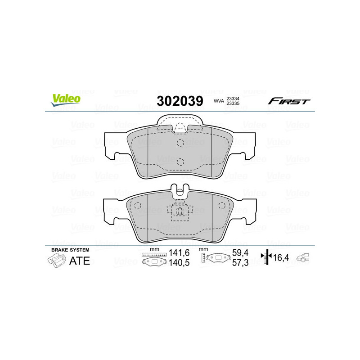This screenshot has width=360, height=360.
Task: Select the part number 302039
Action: pos(180,101)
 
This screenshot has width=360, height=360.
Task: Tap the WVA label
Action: pos(218,101)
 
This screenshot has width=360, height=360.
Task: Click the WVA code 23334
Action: pos(233,98)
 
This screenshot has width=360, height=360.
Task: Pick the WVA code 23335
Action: pos(233,103)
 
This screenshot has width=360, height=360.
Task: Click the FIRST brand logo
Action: pos(289,101)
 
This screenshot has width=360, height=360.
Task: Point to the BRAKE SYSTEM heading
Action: pos(70,250)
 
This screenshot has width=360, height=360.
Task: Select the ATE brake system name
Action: pos(79,261)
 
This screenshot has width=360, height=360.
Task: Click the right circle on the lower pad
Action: pos(221,206)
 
